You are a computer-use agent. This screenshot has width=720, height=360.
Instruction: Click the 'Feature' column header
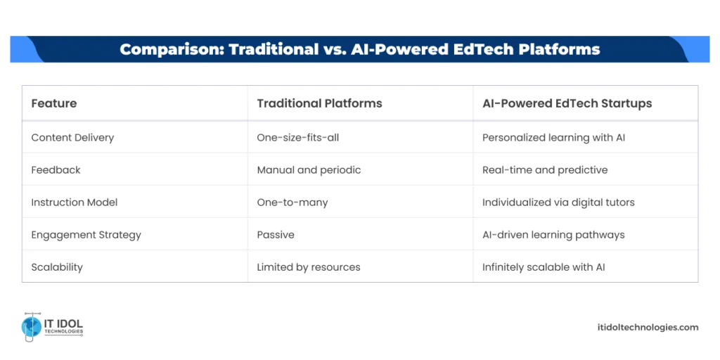tap(54, 103)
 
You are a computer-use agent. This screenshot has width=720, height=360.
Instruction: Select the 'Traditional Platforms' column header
tap(319, 103)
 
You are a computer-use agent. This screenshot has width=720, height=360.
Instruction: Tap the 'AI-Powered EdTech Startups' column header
tap(567, 103)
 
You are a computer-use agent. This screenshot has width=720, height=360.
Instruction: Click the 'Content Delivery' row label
tap(72, 138)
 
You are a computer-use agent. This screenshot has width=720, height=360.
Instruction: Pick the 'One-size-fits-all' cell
tap(297, 138)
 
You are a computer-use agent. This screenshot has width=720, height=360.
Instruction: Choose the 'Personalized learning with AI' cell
tap(553, 138)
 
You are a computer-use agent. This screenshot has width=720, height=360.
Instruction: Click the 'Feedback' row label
tap(56, 170)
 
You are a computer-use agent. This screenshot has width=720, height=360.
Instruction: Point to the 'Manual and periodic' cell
tap(309, 170)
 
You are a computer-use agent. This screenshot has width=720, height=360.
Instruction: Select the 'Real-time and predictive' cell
tap(545, 170)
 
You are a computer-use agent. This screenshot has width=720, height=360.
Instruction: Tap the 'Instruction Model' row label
tap(75, 202)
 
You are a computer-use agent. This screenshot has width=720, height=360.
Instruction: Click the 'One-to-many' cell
tap(292, 202)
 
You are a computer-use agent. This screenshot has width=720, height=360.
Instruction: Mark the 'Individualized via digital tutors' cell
tap(558, 202)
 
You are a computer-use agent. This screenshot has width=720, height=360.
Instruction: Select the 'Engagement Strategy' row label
tap(86, 235)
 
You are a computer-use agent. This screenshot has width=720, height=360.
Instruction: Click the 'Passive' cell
tap(276, 235)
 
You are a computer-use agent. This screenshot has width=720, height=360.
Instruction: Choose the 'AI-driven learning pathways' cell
tap(553, 235)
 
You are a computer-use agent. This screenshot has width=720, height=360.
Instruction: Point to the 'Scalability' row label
tap(57, 267)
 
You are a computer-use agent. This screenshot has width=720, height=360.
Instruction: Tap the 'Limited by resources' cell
tap(309, 267)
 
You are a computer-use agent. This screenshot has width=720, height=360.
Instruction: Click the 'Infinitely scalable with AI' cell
tap(544, 267)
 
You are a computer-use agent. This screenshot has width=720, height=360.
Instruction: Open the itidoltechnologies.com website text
tap(646, 327)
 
